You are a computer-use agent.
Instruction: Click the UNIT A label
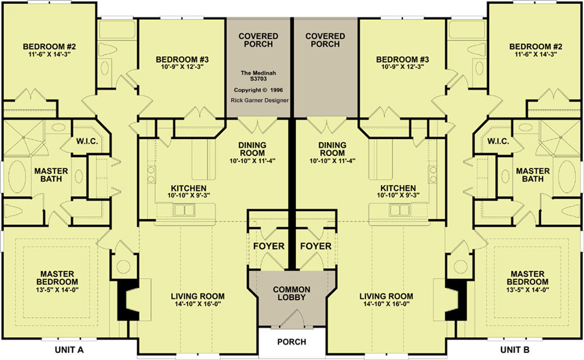click(69, 350)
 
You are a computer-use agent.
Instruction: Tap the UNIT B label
click(515, 350)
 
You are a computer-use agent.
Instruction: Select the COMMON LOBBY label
click(291, 293)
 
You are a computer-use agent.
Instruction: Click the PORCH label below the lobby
click(291, 342)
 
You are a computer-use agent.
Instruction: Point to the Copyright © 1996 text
click(259, 90)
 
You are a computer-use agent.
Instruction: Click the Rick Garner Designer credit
click(260, 101)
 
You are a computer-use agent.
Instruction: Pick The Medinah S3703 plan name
click(259, 76)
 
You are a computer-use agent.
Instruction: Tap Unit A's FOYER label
click(269, 247)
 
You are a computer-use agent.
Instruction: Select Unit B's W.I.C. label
click(498, 141)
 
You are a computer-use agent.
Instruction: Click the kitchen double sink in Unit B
click(399, 210)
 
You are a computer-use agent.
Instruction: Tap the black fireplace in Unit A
click(127, 300)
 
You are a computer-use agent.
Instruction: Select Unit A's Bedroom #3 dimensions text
click(182, 67)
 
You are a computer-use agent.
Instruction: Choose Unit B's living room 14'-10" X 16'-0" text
click(386, 304)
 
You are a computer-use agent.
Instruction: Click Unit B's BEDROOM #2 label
click(536, 47)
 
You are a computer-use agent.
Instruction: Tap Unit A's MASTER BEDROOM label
click(57, 278)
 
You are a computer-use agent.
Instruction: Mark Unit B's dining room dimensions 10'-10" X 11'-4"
click(332, 161)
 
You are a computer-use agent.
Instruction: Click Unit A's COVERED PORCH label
click(259, 40)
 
